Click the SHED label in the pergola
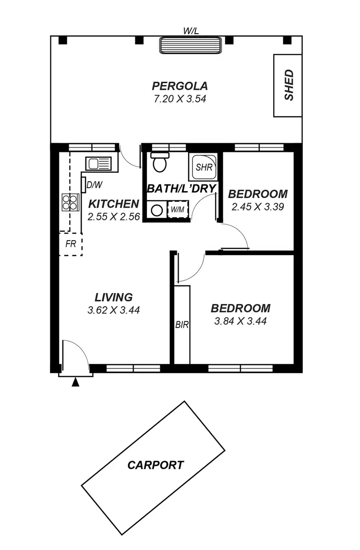[x=288, y=86]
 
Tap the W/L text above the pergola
[x=191, y=31]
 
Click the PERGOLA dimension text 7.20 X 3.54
[x=180, y=99]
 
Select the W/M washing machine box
[x=177, y=209]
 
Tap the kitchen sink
[x=98, y=163]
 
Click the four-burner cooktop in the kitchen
[x=70, y=202]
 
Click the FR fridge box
[x=71, y=244]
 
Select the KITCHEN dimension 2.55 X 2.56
[x=114, y=217]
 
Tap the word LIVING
[x=114, y=297]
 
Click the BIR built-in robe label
[x=182, y=325]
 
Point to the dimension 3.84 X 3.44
[x=240, y=321]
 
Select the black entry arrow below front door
[x=75, y=382]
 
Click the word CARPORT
[x=156, y=465]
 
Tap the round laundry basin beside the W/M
[x=156, y=210]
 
